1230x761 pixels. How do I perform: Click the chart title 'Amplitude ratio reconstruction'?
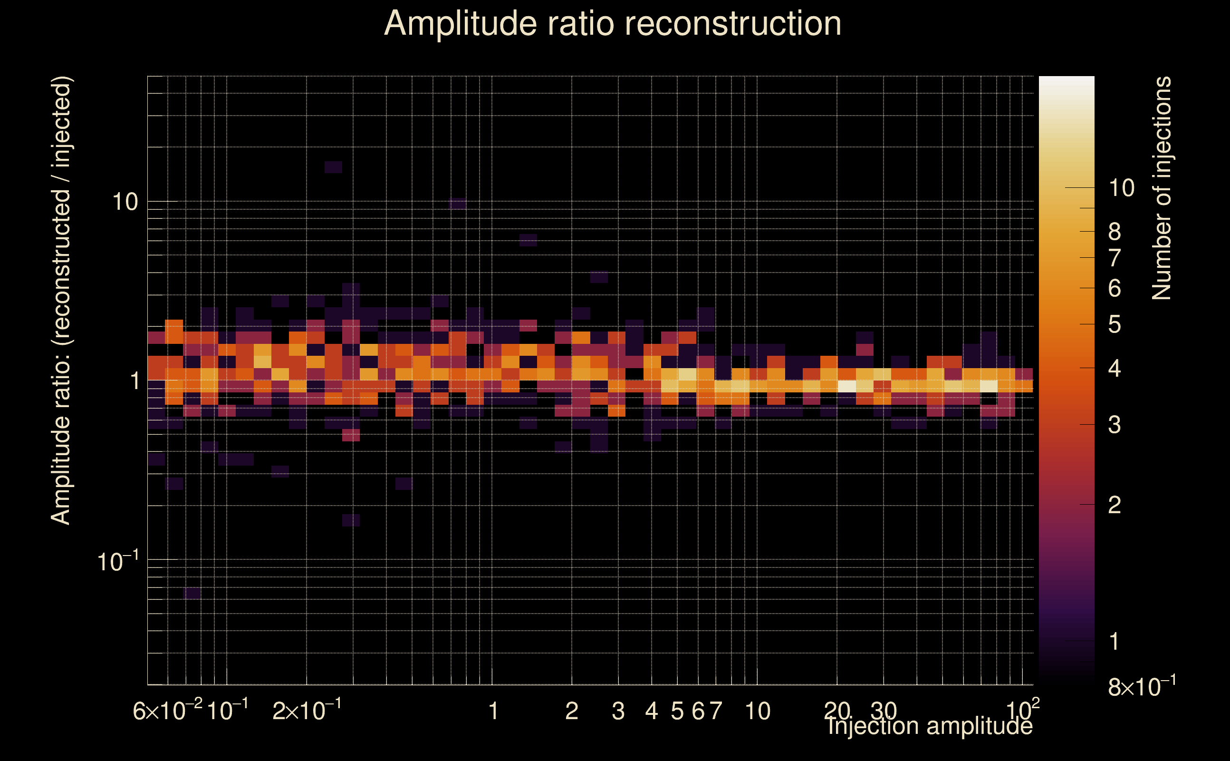[x=613, y=24]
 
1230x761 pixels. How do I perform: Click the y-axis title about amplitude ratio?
[x=61, y=301]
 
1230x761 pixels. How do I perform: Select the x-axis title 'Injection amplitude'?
[x=930, y=726]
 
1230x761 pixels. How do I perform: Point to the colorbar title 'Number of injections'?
[x=1161, y=188]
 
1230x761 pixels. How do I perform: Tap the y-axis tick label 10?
[x=124, y=202]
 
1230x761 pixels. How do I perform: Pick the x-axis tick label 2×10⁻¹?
[x=307, y=711]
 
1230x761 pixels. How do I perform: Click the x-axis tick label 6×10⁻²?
[x=167, y=711]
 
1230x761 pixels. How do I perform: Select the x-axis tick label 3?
[x=618, y=711]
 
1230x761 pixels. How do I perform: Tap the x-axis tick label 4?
[x=651, y=711]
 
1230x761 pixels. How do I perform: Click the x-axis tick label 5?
[x=677, y=711]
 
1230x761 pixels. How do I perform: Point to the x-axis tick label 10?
[x=757, y=711]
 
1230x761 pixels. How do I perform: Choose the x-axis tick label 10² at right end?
[x=1022, y=710]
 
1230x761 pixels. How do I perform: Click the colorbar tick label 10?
[x=1121, y=188]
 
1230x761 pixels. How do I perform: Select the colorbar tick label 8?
[x=1115, y=232]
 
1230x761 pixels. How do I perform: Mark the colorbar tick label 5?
[x=1115, y=325]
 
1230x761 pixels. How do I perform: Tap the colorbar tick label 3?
[x=1115, y=425]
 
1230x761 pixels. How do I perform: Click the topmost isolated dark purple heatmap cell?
[x=333, y=167]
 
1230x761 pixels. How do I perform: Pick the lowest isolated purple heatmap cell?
[x=192, y=593]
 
